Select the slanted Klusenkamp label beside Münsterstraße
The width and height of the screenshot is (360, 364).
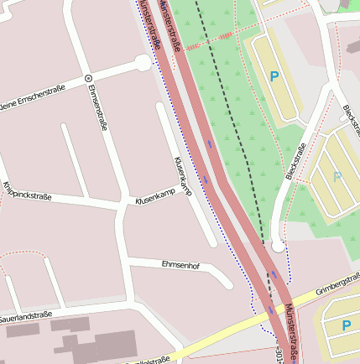click(x=182, y=176)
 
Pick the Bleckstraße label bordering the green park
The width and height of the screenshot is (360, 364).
click(x=295, y=160)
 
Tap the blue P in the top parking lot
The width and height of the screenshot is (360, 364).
click(x=274, y=76)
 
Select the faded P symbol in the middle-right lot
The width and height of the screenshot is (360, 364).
click(x=337, y=177)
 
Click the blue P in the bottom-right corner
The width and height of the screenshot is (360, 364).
click(x=346, y=325)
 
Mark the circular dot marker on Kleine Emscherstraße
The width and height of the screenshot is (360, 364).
click(x=88, y=77)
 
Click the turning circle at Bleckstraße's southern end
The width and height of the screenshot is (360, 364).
click(x=278, y=245)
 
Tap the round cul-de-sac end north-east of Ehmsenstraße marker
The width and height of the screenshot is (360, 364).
click(x=143, y=63)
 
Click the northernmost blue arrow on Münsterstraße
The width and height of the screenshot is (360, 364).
click(x=209, y=143)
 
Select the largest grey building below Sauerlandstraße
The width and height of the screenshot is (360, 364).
click(x=113, y=346)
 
